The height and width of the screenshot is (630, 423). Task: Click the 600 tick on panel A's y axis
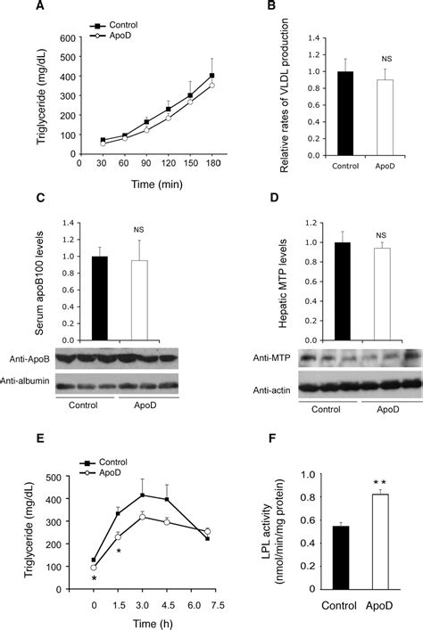(69, 38)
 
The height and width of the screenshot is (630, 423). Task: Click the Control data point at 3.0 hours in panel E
(144, 494)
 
